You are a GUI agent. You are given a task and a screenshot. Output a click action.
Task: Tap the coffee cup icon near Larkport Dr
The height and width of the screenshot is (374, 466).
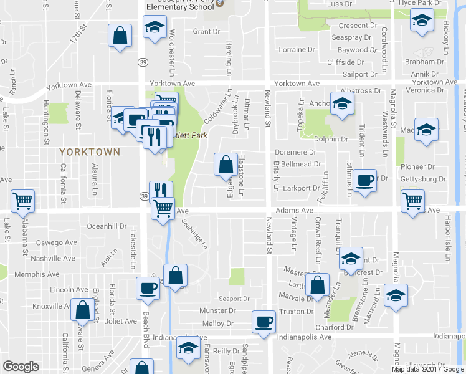point(364,180)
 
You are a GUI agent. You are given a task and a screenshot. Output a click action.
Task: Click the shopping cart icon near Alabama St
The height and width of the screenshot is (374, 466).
point(23,200)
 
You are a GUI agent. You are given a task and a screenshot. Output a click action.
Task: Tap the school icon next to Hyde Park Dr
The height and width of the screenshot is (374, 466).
point(422,21)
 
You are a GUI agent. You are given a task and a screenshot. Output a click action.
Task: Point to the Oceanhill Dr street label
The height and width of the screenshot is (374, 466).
point(107,226)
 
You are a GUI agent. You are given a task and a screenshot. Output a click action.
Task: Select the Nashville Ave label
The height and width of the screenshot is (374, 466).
point(53,258)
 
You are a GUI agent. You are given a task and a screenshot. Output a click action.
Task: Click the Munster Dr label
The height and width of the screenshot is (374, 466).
point(216,310)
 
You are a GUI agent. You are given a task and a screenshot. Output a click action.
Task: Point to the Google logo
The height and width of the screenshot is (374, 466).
point(21,367)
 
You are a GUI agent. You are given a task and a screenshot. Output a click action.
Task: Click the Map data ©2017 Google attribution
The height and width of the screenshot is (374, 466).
point(428,369)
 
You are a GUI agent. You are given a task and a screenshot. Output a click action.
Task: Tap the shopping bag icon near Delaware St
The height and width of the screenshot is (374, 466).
point(82,310)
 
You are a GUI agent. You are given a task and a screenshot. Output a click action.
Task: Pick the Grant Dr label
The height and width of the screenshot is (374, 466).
point(207,31)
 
